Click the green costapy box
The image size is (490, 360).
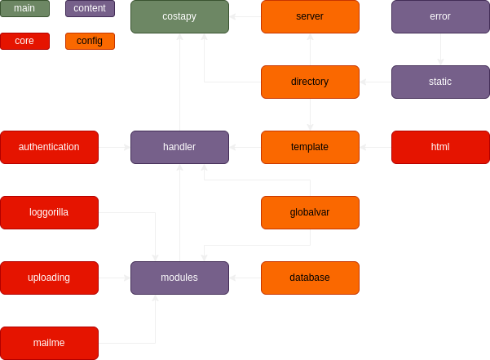point(179,16)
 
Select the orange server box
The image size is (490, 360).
point(310,16)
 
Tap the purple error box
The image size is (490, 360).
point(440,16)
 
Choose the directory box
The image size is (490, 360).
point(310,82)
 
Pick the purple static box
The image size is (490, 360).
point(440,82)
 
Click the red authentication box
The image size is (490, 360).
point(49,147)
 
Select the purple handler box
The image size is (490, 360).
point(179,147)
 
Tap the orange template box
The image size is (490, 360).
point(310,147)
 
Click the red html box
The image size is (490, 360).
point(440,147)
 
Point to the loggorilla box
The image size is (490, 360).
point(49,212)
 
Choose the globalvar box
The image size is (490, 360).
point(310,212)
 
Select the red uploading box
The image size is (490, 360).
point(49,278)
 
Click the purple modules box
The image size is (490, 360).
point(179,278)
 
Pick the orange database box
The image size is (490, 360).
point(310,278)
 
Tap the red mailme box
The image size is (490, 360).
point(49,343)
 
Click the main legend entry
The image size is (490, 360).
point(24,8)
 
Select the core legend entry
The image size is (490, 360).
point(24,41)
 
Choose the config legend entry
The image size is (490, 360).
point(90,41)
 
